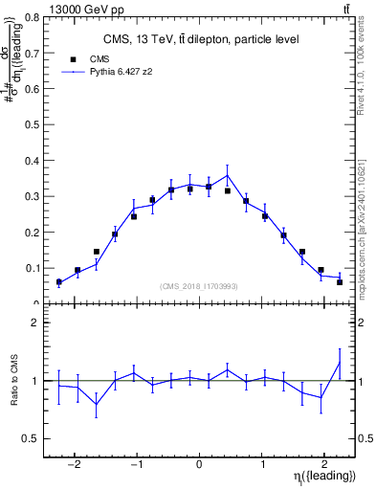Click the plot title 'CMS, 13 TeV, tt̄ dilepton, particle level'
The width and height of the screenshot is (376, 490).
[201, 39]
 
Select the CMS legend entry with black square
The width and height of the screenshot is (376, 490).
[89, 59]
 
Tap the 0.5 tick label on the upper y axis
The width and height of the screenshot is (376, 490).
[36, 124]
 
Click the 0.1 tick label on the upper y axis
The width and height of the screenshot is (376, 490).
[36, 268]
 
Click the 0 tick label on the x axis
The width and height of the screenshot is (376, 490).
[198, 464]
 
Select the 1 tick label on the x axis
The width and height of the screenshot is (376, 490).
[261, 464]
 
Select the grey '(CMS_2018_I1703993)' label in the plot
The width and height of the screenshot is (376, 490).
[199, 286]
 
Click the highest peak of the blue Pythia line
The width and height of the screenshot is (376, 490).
[227, 174]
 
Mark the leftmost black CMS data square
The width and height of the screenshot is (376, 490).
[58, 282]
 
